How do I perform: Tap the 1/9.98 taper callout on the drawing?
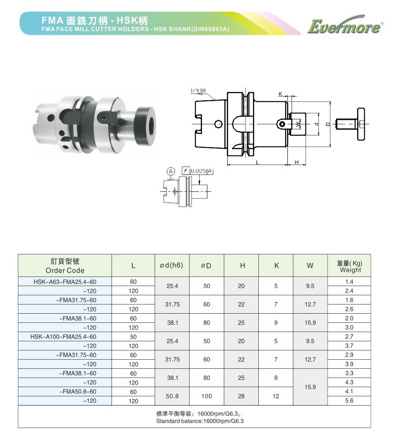click(x=198, y=90)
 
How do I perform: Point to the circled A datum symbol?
click(x=171, y=172)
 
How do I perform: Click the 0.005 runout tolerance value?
click(x=198, y=171)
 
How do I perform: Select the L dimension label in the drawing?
click(x=257, y=162)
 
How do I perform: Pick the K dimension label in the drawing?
click(x=280, y=94)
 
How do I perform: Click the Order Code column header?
click(x=65, y=266)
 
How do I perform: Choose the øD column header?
click(x=206, y=266)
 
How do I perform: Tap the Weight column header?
click(x=350, y=266)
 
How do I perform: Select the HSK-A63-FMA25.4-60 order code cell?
click(x=65, y=282)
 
